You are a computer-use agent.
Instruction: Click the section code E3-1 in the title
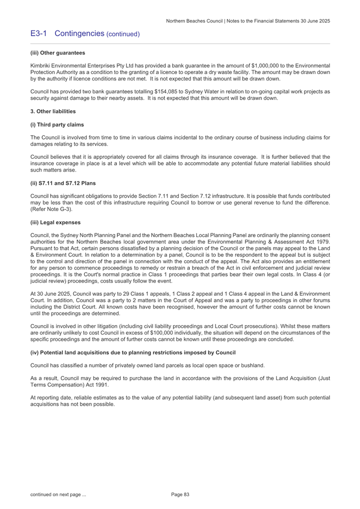point(39,34)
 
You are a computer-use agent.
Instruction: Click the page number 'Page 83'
point(180,495)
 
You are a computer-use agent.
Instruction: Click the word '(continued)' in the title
point(123,34)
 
